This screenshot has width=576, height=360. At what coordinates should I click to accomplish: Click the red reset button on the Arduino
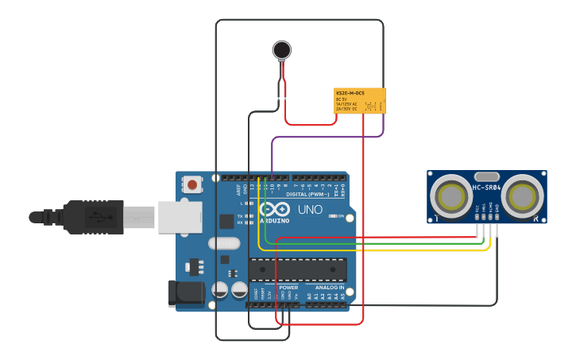192,185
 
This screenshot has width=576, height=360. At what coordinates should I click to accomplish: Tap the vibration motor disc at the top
281,50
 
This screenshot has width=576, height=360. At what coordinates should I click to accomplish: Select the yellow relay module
360,101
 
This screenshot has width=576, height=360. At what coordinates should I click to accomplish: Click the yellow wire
373,251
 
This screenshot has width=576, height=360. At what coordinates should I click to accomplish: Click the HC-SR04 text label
486,188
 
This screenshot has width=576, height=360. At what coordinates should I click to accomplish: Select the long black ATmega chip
298,269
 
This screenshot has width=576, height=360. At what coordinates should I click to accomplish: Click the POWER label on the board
288,288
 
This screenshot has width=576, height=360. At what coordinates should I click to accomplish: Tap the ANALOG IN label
330,288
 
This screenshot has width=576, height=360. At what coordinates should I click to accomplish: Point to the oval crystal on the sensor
486,176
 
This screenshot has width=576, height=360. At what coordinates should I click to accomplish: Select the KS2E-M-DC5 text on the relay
350,93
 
